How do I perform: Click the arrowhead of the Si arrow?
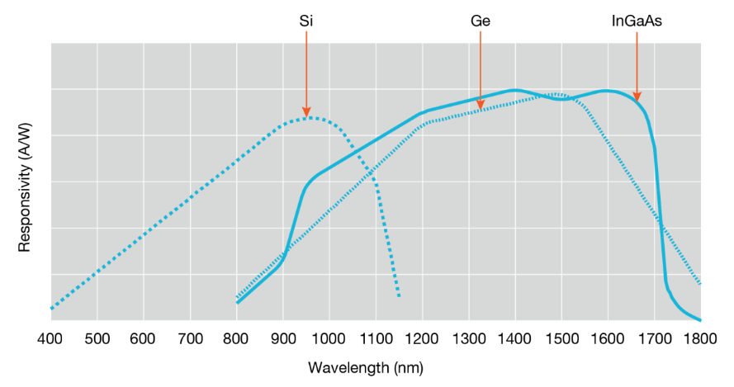pos(305,114)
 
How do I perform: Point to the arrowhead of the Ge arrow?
pos(481,105)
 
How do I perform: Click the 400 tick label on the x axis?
pos(50,337)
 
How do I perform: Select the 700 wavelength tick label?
pos(190,337)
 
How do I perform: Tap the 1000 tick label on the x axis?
pos(329,337)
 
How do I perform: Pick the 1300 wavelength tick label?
pos(468,337)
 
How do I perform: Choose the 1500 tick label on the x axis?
pos(561,337)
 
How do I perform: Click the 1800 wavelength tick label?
pos(700,337)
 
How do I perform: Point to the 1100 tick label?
pos(376,337)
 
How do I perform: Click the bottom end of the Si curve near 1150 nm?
pos(399,296)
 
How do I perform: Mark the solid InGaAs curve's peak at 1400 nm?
pos(514,89)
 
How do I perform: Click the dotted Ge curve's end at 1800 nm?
pos(700,284)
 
